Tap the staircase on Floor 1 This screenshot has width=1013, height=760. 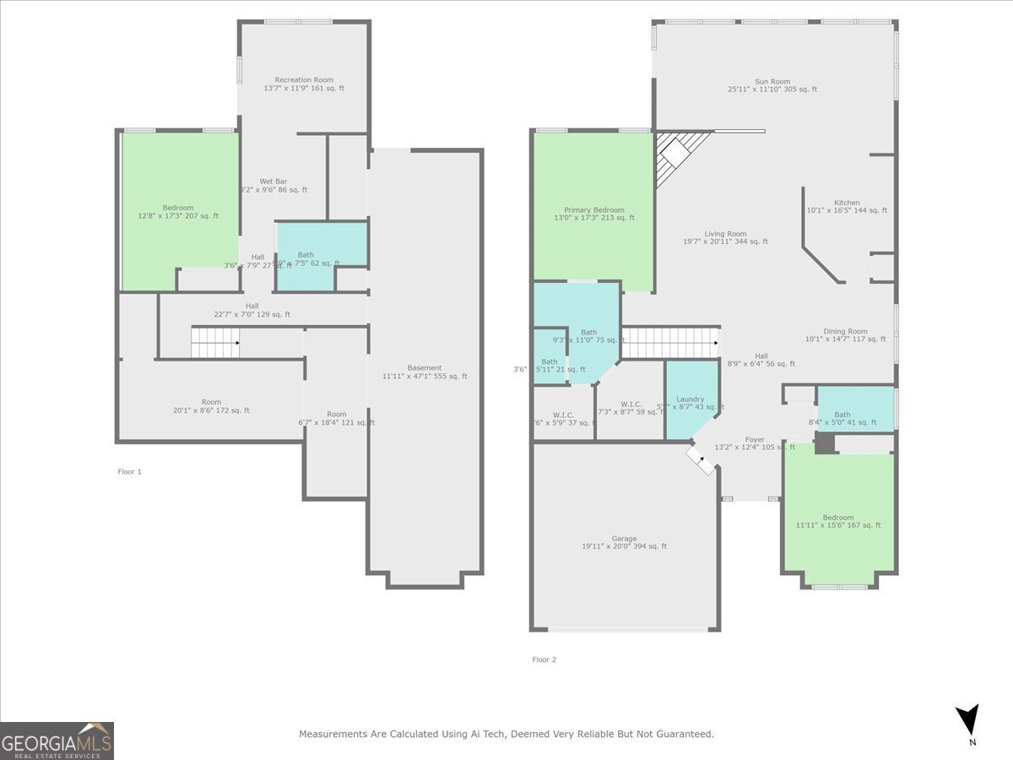215,343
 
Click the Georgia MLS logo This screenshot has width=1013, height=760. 57,741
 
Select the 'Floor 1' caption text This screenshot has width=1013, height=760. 129,472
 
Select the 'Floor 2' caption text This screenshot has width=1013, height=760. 544,660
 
